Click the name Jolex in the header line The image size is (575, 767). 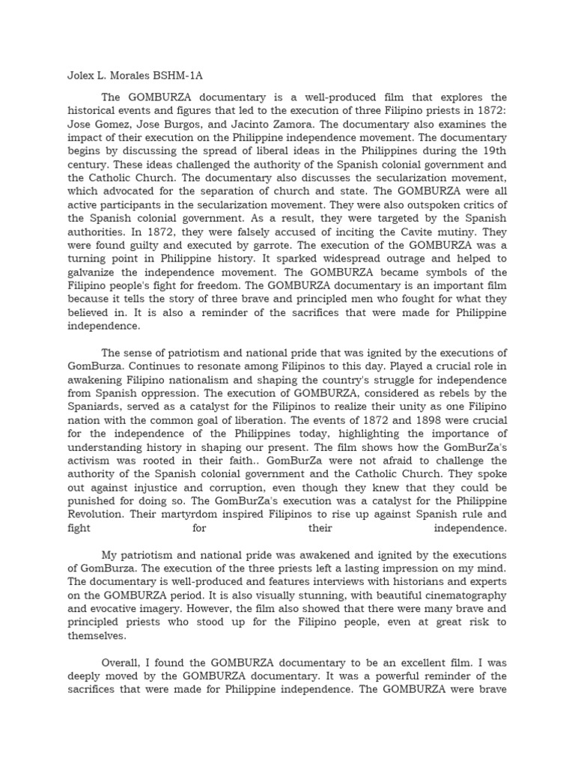coord(73,76)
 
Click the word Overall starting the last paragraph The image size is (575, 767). coord(124,662)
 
